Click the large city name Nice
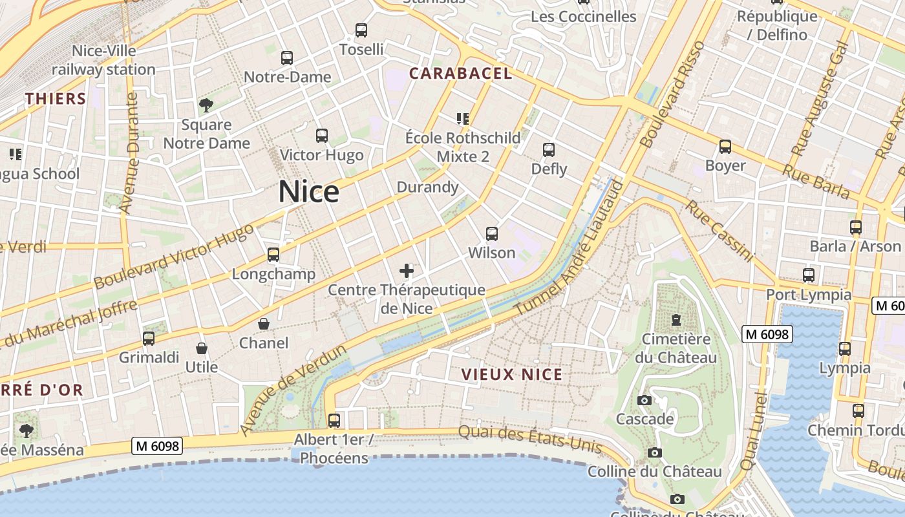coord(309,193)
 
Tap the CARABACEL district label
coord(460,74)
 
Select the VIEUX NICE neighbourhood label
coord(512,374)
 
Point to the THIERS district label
coord(56,99)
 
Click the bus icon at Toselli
coord(361,30)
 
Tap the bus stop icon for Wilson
coord(492,233)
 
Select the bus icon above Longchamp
coord(273,255)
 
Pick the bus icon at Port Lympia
coord(808,275)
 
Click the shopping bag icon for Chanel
coord(264,323)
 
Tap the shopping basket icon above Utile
coord(202,348)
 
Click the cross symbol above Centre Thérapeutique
coord(407,270)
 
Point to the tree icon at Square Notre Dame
coord(206,105)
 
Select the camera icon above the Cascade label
coord(644,400)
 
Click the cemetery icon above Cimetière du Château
coord(676,319)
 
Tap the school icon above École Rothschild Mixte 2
coord(462,118)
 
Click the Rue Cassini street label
coord(719,231)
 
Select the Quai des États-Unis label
coord(530,439)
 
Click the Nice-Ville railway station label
coord(103,60)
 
